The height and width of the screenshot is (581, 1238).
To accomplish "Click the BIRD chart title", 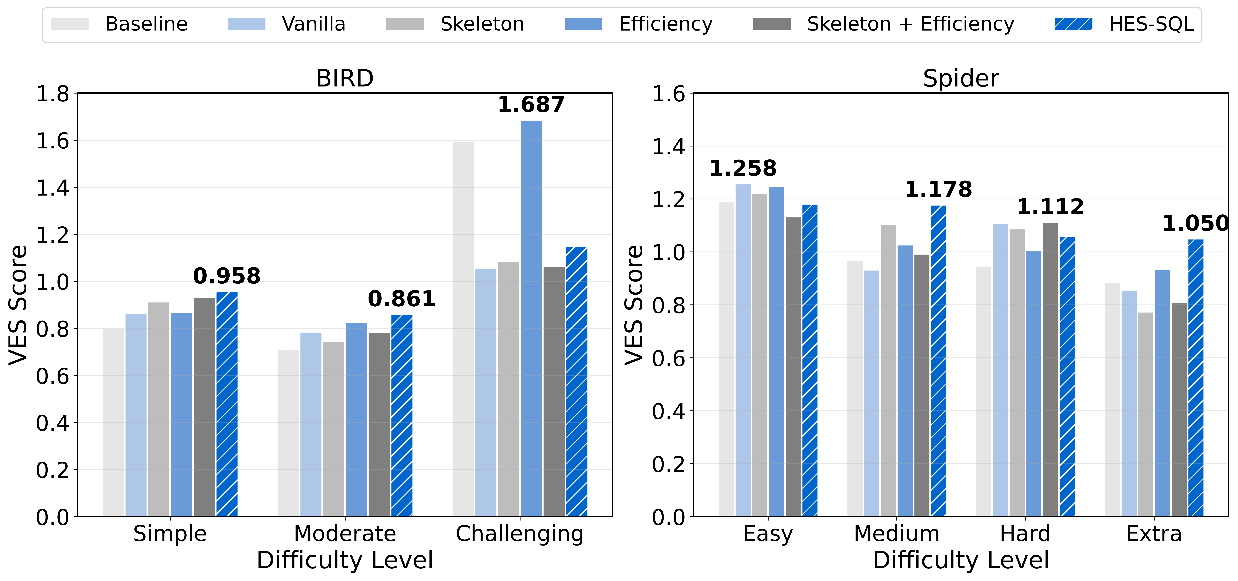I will [x=345, y=78].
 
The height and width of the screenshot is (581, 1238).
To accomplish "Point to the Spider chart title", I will [x=961, y=78].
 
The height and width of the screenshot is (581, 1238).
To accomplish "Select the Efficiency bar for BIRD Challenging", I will [x=531, y=317].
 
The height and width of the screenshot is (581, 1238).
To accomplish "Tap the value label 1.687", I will [x=531, y=105].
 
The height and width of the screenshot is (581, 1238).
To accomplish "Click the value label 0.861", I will [x=401, y=299].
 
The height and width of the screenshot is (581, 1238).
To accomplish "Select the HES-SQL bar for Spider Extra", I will [x=1196, y=378].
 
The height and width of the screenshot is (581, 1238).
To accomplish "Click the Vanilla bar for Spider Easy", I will [x=743, y=350].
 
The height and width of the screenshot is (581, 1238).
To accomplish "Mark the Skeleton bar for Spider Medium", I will [x=888, y=370].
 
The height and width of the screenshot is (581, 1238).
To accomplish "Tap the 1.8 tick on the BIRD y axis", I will [x=53, y=94].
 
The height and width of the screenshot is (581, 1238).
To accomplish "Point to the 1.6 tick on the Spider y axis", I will [x=668, y=94].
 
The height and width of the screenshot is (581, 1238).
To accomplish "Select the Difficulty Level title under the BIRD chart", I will [x=345, y=560].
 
